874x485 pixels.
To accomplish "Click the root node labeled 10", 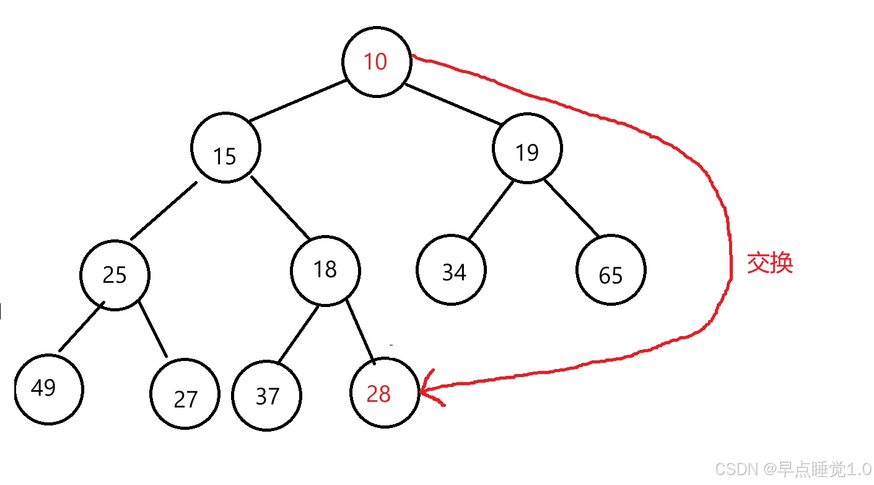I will (x=376, y=61).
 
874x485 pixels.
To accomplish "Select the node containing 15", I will (x=225, y=148).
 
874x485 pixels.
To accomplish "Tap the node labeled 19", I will (x=527, y=149).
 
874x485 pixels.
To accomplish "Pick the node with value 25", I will (x=115, y=275).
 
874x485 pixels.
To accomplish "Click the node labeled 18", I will (x=325, y=270).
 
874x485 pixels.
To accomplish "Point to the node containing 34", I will (x=452, y=270).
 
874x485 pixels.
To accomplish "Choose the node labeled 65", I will (x=611, y=270).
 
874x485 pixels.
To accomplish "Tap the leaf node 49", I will (x=48, y=389).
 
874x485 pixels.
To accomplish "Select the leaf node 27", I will (x=185, y=394).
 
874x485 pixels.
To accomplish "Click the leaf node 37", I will (x=266, y=395).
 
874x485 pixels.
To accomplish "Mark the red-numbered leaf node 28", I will (x=384, y=393).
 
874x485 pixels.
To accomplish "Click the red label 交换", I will (x=769, y=263).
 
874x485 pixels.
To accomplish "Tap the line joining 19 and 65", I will (x=571, y=208).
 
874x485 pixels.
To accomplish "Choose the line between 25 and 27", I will (x=153, y=329).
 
